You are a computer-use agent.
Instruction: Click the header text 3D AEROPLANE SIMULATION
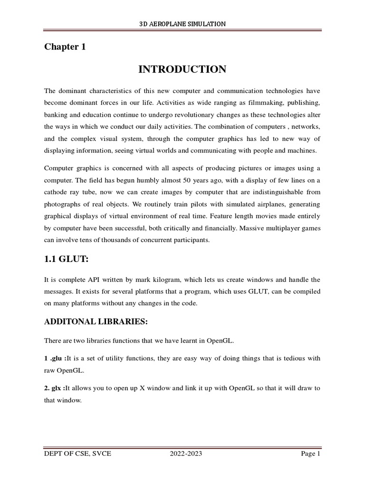182,23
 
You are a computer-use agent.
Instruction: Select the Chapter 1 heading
65,47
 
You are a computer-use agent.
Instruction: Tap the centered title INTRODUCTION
182,70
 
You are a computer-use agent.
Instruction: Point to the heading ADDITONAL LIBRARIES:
96,322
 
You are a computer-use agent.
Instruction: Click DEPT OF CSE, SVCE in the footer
77,454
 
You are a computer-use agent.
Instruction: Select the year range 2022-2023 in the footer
186,454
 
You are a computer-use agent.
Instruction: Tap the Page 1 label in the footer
311,454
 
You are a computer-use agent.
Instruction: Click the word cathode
57,192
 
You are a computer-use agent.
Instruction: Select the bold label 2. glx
54,388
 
